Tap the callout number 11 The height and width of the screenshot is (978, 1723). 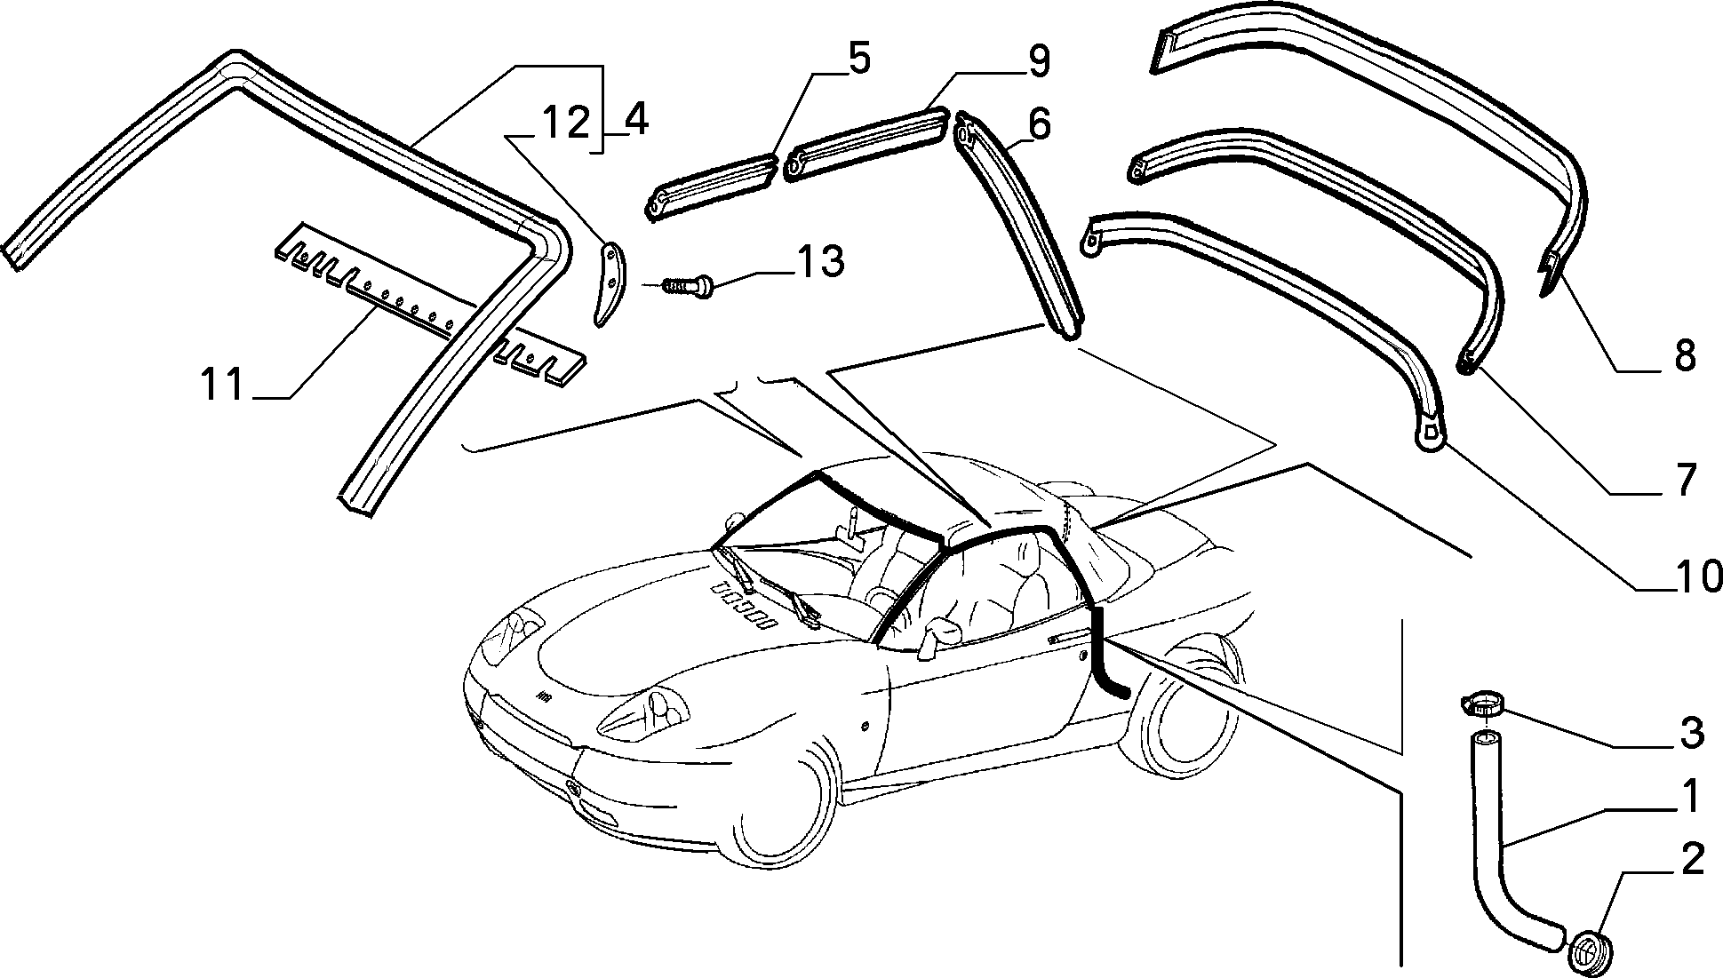coord(221,385)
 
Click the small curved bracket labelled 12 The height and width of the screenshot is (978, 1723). coord(608,286)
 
